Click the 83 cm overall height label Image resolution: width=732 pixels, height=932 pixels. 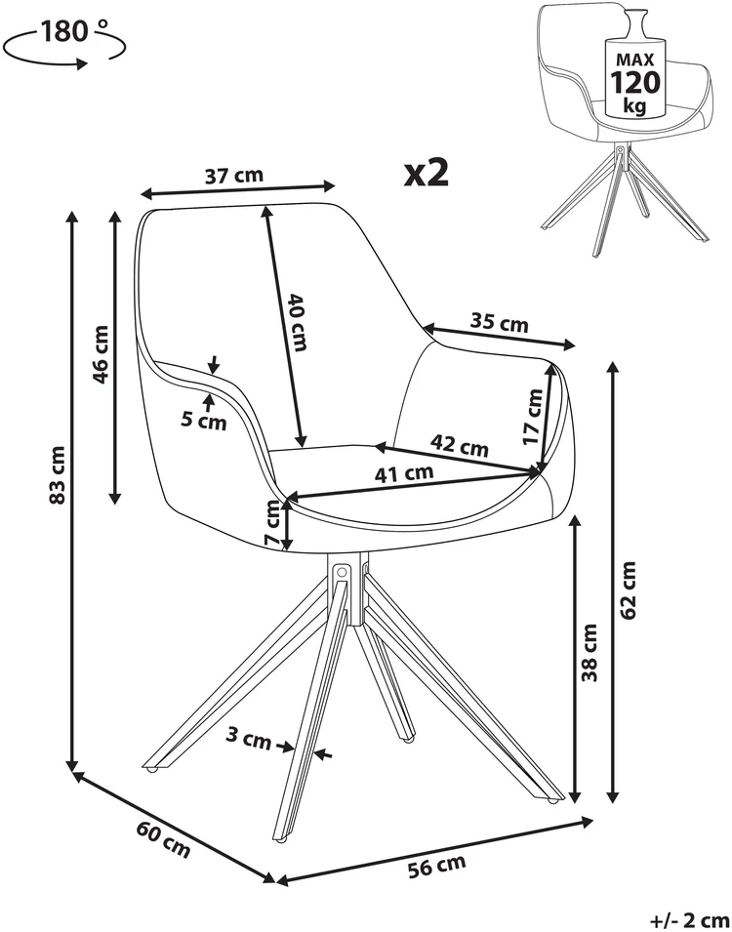pos(57,474)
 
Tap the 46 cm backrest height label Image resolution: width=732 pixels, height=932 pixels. pos(102,354)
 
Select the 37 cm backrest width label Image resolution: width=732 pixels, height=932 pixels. pos(233,176)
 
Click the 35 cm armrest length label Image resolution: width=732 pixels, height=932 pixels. pos(500,323)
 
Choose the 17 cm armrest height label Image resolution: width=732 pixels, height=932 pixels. pos(534,416)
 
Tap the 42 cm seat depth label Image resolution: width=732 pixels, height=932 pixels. pos(459,445)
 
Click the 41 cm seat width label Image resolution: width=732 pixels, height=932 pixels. pos(404,473)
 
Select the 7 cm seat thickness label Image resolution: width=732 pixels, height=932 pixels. pos(271,523)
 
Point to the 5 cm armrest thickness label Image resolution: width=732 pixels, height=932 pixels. pos(204,422)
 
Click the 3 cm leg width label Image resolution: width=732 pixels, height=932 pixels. pos(248,740)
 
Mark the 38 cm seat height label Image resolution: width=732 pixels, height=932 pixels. pos(589,653)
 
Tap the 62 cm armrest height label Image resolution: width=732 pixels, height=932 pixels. pos(628,589)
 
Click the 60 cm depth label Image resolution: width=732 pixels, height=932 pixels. pos(164,838)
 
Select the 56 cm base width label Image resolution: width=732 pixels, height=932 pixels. pos(437,865)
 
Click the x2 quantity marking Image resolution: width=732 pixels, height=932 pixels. pos(426,173)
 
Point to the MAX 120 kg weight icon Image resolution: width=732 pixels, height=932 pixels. pos(633,62)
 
